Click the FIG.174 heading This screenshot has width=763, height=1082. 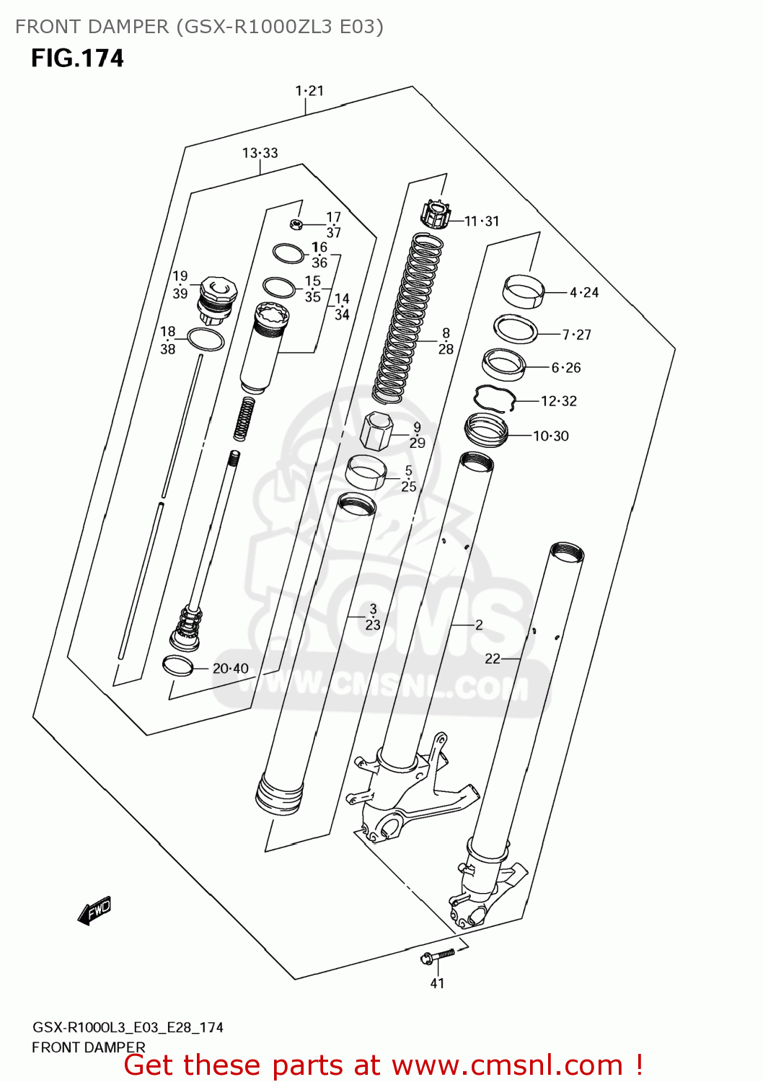pos(77,58)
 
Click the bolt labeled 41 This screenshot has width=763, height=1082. pos(436,956)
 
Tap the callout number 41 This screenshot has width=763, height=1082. pos(437,983)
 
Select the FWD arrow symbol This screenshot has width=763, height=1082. pos(94,910)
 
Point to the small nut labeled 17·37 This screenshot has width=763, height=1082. pos(295,224)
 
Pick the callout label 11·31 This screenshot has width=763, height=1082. pos(482,221)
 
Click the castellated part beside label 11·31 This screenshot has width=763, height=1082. pos(435,214)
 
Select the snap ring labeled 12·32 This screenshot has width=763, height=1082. pos(494,397)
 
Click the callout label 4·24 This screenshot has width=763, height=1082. pos(584,292)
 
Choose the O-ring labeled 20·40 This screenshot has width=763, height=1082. pos(177,666)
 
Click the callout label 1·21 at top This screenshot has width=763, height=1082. pos(309,91)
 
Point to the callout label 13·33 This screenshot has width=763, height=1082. pos(260,153)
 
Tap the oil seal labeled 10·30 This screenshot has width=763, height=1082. pos(487,430)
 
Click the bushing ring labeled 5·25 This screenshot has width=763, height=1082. pos(366,472)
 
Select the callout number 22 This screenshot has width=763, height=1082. pos(492,659)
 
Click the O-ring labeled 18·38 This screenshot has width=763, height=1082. pos(206,339)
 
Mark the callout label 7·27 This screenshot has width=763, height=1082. pos(576,335)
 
